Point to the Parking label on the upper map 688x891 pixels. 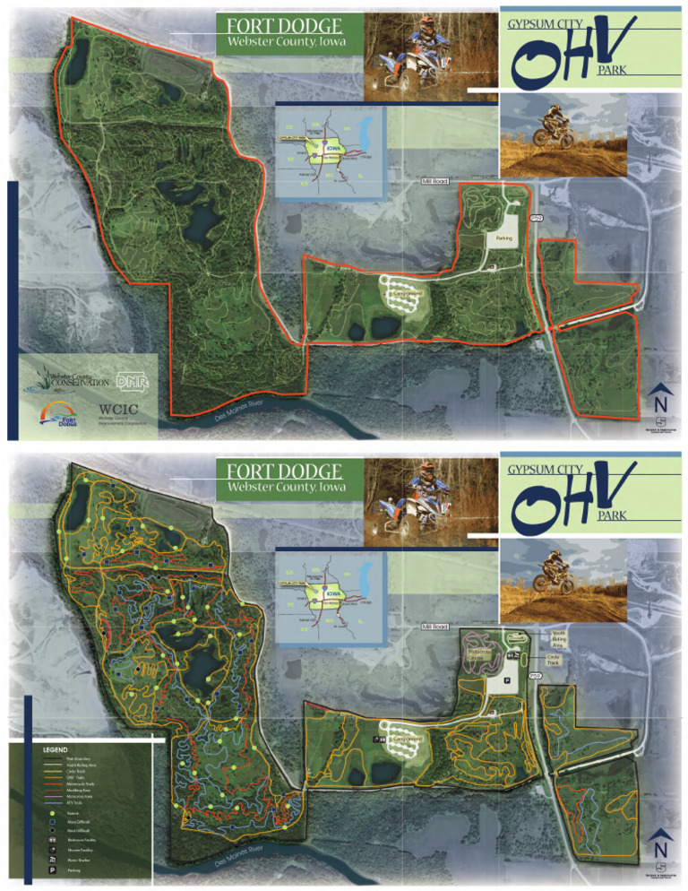pos(500,238)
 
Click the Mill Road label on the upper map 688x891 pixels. pos(434,181)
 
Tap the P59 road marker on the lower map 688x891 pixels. pos(537,675)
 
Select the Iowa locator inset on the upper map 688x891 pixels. pos(331,151)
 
